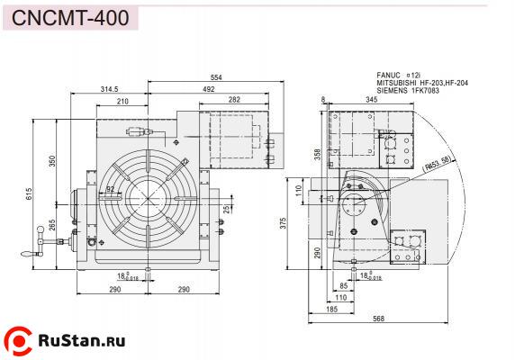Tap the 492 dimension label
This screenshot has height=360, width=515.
coord(208,89)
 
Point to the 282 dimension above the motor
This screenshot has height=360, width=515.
coord(233,100)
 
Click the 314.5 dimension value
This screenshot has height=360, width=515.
coord(111,89)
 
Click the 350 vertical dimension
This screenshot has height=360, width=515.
coord(52,160)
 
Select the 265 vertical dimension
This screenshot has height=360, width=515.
coord(52,224)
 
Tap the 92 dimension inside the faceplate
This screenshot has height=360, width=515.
coord(110,189)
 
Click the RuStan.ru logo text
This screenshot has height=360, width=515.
coord(80,340)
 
